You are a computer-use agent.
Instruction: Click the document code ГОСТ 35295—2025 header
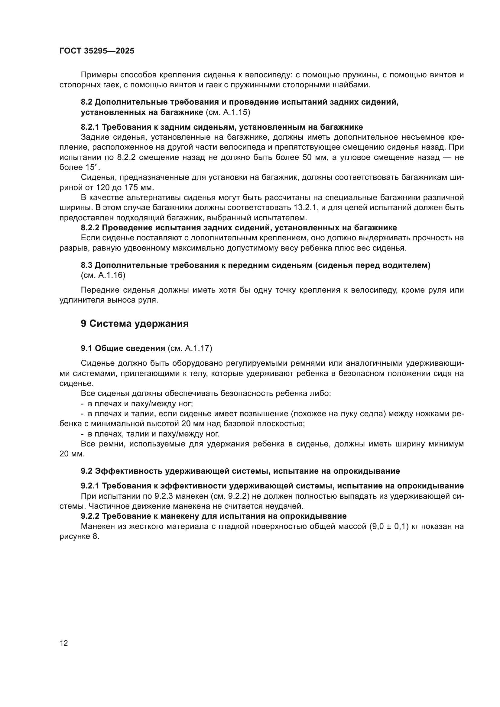(x=97, y=51)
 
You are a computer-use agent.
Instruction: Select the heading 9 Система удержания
(x=135, y=324)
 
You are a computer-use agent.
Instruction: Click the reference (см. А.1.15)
(x=228, y=112)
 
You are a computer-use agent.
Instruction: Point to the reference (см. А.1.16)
(x=103, y=275)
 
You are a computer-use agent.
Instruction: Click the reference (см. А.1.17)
(x=190, y=348)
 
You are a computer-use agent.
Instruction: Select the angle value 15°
(x=93, y=167)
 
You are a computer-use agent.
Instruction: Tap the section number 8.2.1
(x=90, y=127)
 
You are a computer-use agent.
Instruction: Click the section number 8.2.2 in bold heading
(x=90, y=228)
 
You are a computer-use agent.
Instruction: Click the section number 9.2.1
(x=90, y=486)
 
